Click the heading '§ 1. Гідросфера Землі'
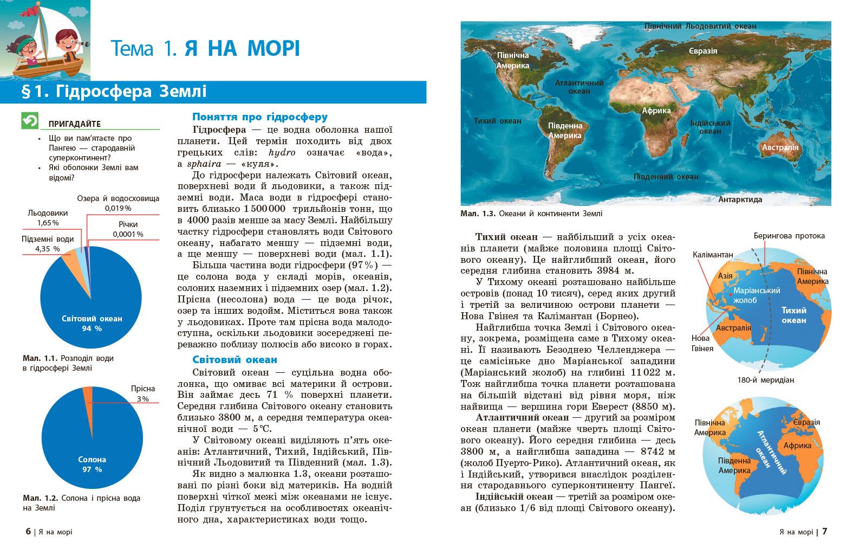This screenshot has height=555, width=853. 114,91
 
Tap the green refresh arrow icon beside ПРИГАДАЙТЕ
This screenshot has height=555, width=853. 30,120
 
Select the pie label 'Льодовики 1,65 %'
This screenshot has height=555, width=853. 48,218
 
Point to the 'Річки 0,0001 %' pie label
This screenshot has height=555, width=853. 128,229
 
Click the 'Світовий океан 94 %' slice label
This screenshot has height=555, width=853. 92,324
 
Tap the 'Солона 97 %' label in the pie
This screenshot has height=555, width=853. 92,464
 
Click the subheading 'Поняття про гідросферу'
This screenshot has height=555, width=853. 260,117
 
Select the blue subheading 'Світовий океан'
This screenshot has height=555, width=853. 235,359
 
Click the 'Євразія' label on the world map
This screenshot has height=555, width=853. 703,51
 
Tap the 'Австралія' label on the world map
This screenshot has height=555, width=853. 780,147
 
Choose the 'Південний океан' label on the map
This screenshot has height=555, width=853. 666,177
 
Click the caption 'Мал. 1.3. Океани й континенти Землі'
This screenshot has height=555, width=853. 531,214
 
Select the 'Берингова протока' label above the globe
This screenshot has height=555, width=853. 789,236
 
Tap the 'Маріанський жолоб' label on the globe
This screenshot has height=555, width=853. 756,295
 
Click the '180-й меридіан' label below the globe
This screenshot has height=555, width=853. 765,380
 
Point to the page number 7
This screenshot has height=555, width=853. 825,531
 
